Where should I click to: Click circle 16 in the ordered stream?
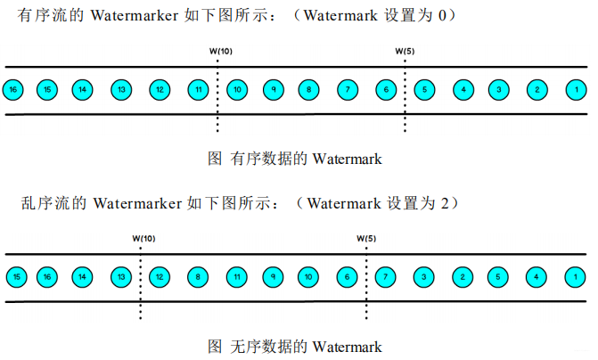12,90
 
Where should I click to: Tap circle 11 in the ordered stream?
198,90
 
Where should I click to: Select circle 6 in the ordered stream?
385,90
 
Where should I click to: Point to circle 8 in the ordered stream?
308,90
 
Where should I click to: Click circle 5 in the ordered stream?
425,90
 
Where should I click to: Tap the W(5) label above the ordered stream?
405,51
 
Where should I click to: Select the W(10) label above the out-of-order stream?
143,238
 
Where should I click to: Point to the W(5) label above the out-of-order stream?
366,238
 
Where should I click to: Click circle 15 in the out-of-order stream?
15,278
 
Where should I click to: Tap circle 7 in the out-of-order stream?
385,278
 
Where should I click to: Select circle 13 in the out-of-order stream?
120,278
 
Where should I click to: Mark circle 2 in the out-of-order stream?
463,278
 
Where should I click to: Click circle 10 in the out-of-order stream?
308,278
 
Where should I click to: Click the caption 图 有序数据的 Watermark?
294,159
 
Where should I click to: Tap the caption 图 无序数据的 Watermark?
294,346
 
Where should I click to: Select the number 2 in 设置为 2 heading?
443,203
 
